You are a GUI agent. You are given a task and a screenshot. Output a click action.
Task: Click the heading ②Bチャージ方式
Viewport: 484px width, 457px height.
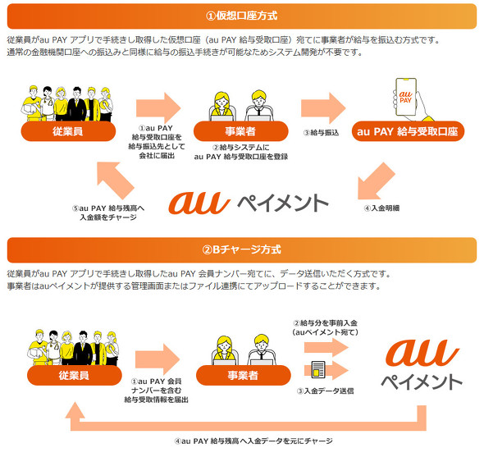[x=242, y=249]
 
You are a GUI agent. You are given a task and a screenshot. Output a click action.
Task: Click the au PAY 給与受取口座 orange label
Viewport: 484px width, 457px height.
[x=408, y=131]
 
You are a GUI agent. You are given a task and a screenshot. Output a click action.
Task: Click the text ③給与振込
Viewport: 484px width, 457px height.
[x=322, y=131]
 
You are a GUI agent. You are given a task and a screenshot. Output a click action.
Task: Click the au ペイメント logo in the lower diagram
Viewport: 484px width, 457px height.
[x=421, y=365]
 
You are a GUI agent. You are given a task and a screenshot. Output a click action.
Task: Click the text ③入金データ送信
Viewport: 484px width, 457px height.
[x=326, y=391]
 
